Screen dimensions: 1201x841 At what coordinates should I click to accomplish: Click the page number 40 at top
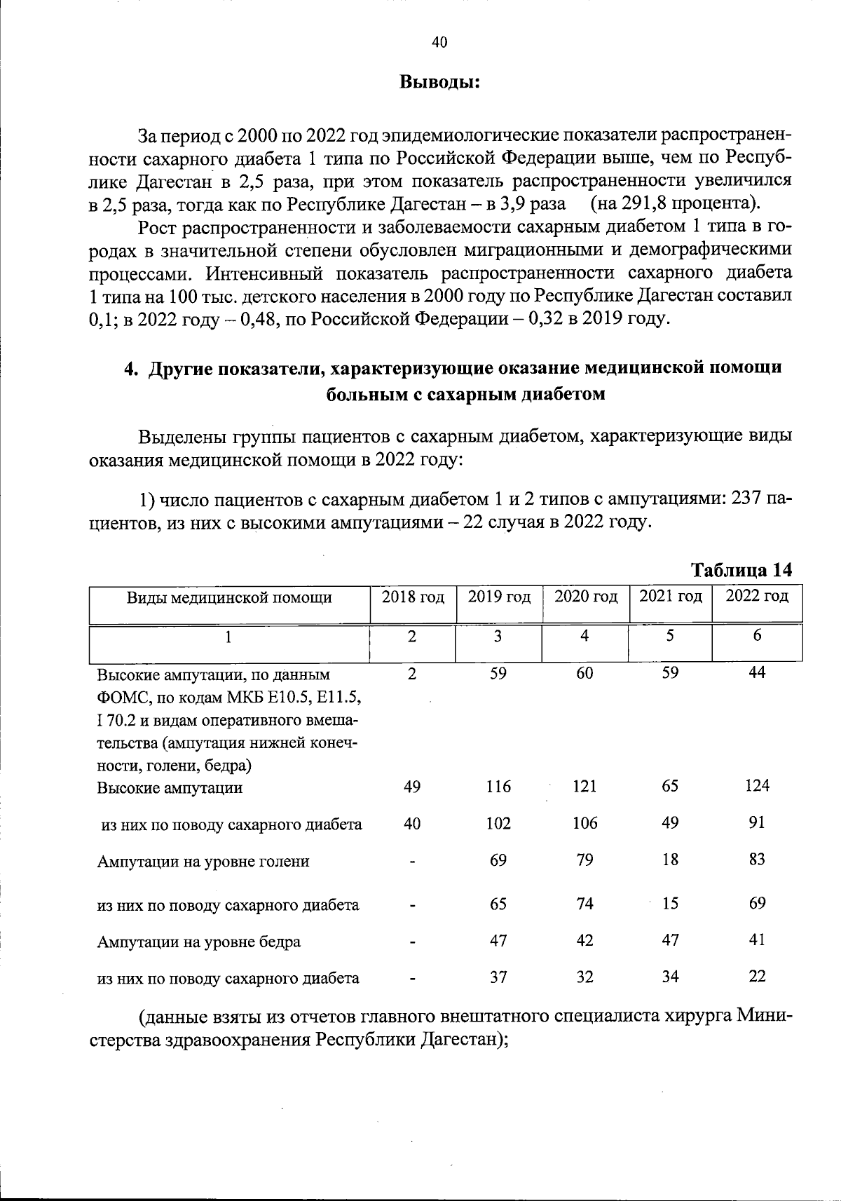pyautogui.click(x=439, y=43)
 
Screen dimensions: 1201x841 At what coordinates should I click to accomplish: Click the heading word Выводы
pyautogui.click(x=439, y=82)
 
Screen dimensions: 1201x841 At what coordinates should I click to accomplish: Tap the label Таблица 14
pyautogui.click(x=742, y=570)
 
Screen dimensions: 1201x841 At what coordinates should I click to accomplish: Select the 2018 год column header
pyautogui.click(x=413, y=597)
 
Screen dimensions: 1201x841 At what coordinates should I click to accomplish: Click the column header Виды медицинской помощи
pyautogui.click(x=229, y=598)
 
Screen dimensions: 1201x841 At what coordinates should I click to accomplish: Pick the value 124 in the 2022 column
pyautogui.click(x=757, y=785)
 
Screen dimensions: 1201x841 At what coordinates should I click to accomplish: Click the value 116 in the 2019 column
pyautogui.click(x=498, y=787)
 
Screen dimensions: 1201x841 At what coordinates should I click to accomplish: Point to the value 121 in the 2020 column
pyautogui.click(x=584, y=787)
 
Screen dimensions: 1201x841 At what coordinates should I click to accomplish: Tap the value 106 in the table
pyautogui.click(x=584, y=823)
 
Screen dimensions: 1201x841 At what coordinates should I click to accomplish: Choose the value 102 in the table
pyautogui.click(x=498, y=823)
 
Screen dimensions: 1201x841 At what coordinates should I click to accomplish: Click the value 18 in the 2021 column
pyautogui.click(x=670, y=860)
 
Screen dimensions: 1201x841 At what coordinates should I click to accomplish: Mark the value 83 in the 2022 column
pyautogui.click(x=757, y=860)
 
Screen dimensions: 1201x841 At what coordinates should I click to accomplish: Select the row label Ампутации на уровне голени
pyautogui.click(x=203, y=862)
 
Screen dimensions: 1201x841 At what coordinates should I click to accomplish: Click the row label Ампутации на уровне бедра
pyautogui.click(x=199, y=942)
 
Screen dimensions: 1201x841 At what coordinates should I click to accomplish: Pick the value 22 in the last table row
pyautogui.click(x=757, y=976)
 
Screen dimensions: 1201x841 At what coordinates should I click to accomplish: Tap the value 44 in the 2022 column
pyautogui.click(x=757, y=673)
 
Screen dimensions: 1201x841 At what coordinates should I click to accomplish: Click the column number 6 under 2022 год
pyautogui.click(x=757, y=636)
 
